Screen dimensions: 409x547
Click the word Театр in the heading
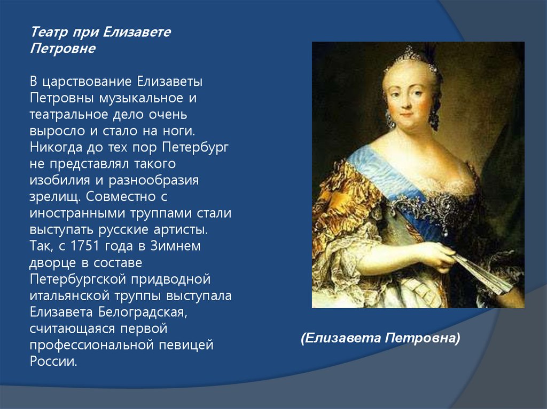[x=49, y=33]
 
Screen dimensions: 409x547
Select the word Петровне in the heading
[x=62, y=49]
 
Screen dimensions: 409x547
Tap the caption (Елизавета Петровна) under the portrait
[x=380, y=338]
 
